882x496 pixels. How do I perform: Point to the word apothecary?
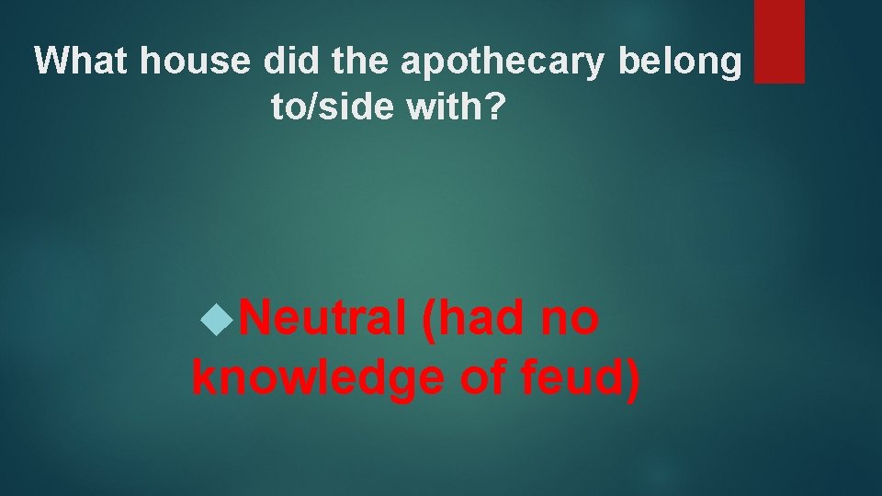pyautogui.click(x=503, y=62)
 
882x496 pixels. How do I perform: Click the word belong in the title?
pyautogui.click(x=680, y=62)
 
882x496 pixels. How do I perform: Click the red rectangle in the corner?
pyautogui.click(x=779, y=41)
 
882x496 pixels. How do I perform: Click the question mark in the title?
pyautogui.click(x=496, y=108)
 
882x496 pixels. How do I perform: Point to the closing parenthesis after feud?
pyautogui.click(x=632, y=377)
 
